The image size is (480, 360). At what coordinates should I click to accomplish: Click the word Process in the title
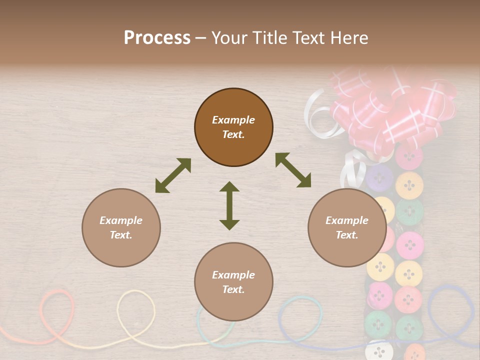(x=157, y=38)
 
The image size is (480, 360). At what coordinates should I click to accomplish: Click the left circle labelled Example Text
(x=121, y=227)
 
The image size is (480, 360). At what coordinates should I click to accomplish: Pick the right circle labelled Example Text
(x=347, y=227)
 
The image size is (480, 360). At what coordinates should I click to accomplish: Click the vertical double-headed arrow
(x=229, y=205)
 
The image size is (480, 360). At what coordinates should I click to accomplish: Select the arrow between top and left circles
(x=173, y=175)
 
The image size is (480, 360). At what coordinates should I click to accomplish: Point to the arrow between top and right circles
(x=293, y=170)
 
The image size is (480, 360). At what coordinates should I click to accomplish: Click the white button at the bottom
(x=378, y=350)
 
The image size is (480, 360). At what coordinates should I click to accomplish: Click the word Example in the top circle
(x=233, y=120)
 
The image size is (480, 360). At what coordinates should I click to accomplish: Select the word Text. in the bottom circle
(x=233, y=289)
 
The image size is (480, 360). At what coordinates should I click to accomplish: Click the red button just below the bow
(x=409, y=157)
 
